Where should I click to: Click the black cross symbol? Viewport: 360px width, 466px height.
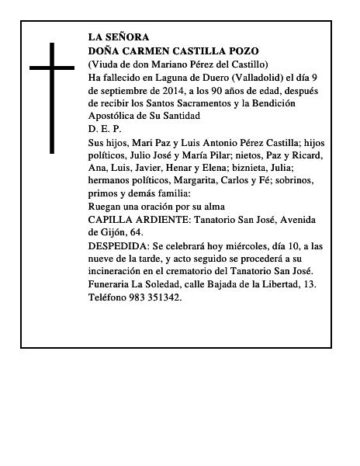coord(52,97)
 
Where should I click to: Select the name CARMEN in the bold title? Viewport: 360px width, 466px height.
coord(147,50)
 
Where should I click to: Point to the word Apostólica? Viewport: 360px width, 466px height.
coord(114,116)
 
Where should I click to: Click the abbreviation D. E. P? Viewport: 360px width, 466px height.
coord(105,129)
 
